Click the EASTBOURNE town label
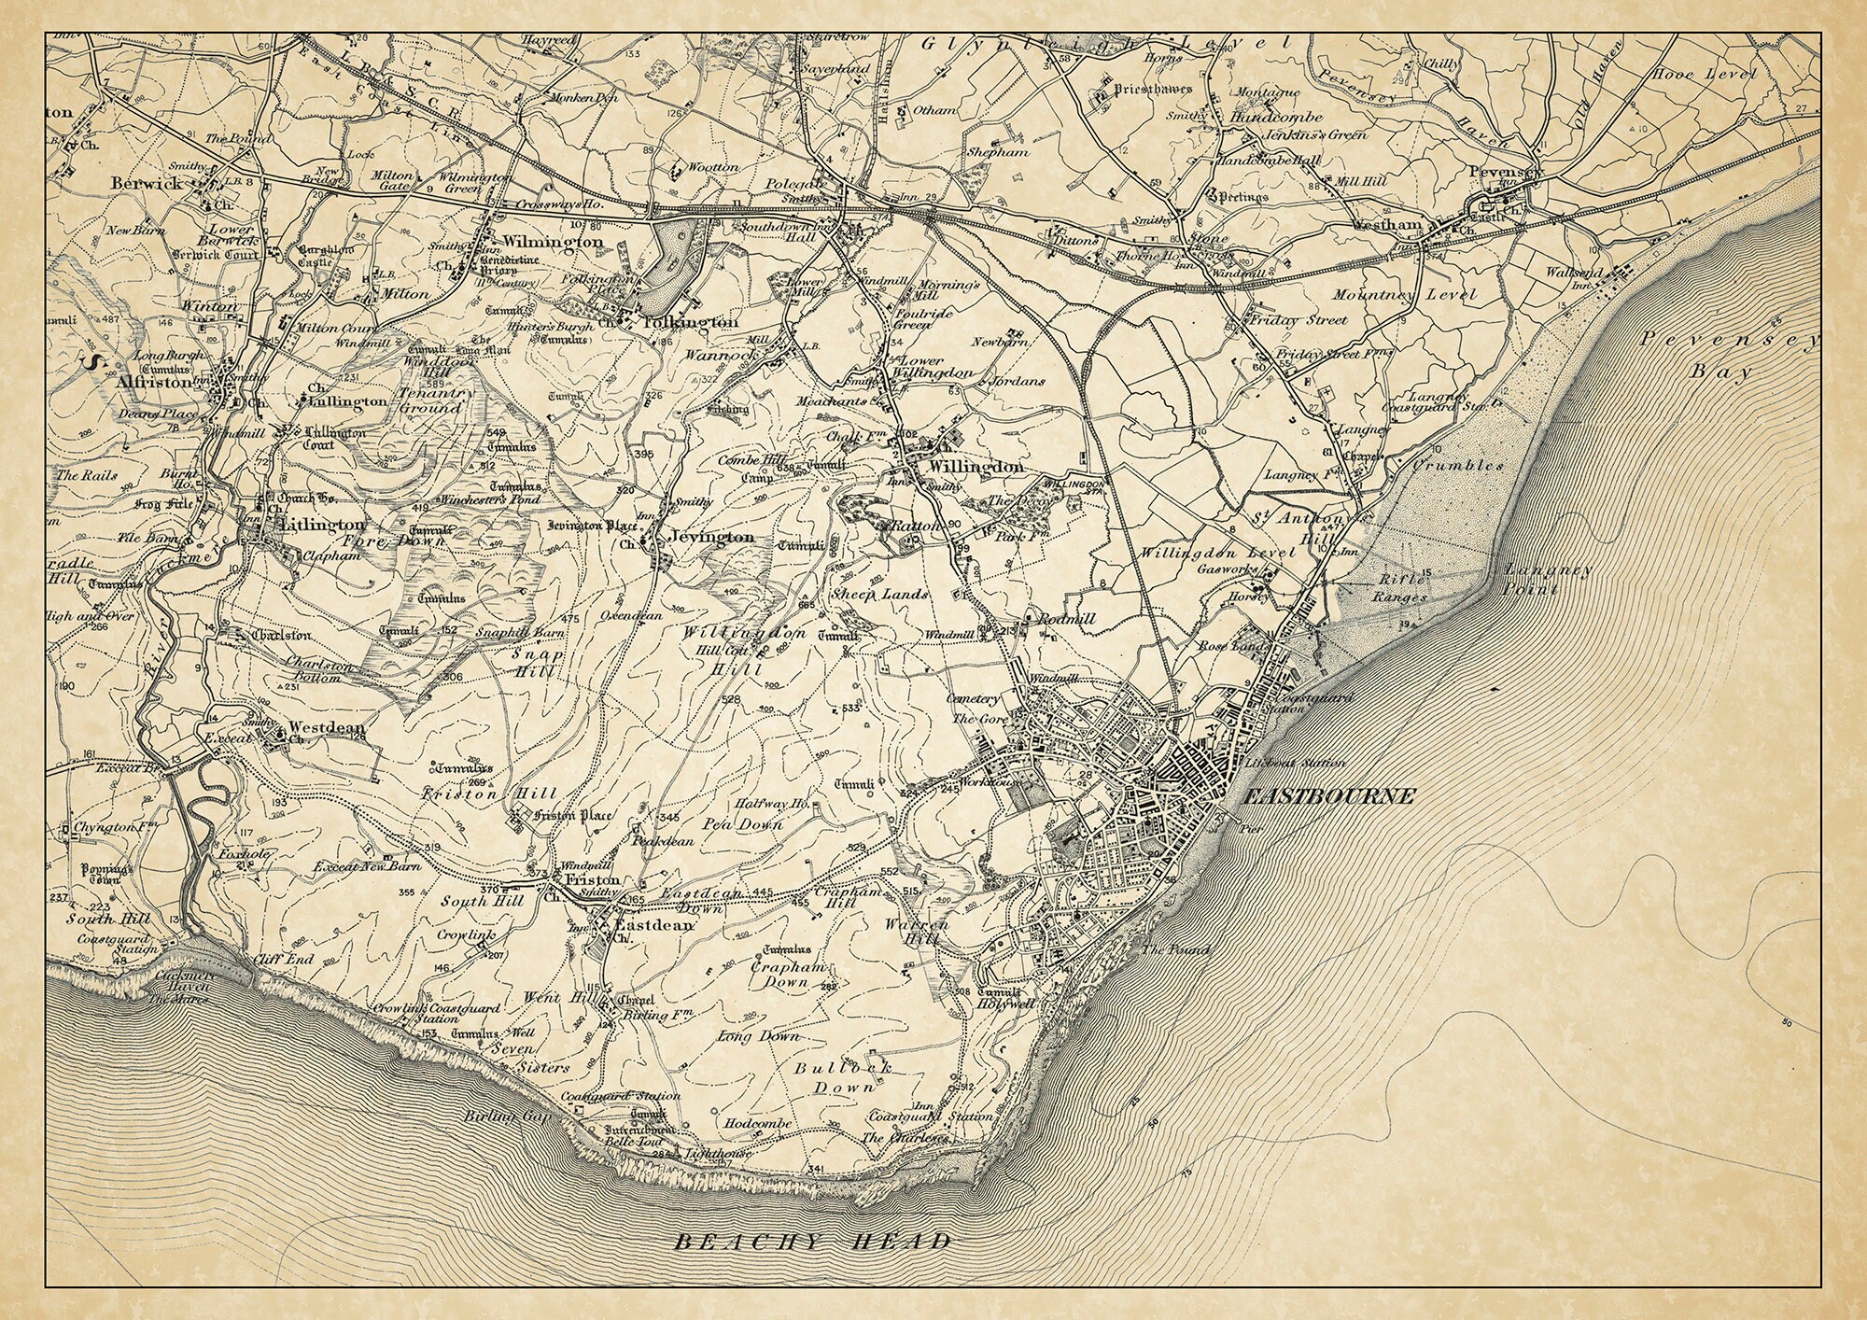(1330, 796)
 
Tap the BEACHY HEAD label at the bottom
(813, 1242)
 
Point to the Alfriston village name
(154, 382)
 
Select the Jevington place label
(711, 538)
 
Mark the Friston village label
(592, 880)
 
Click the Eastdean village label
(654, 925)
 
